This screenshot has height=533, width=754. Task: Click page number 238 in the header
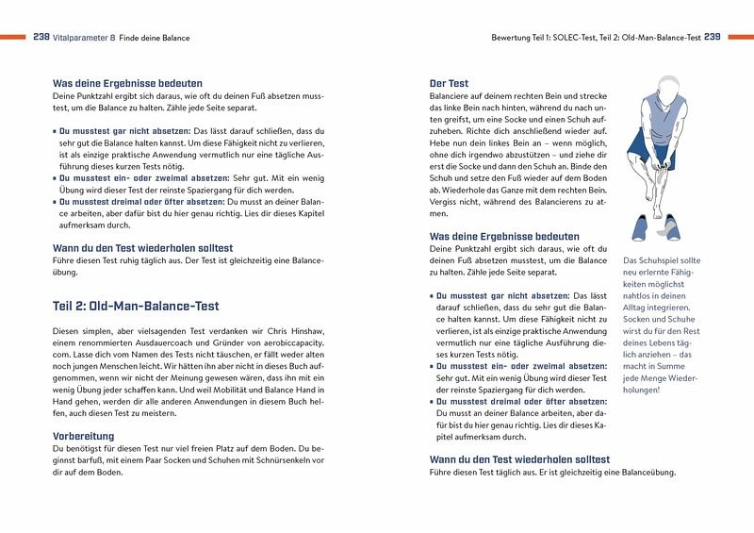41,38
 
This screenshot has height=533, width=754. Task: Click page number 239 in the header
713,38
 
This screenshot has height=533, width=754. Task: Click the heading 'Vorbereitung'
84,436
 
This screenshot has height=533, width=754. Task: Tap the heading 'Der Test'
449,84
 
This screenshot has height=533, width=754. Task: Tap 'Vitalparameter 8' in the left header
87,38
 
